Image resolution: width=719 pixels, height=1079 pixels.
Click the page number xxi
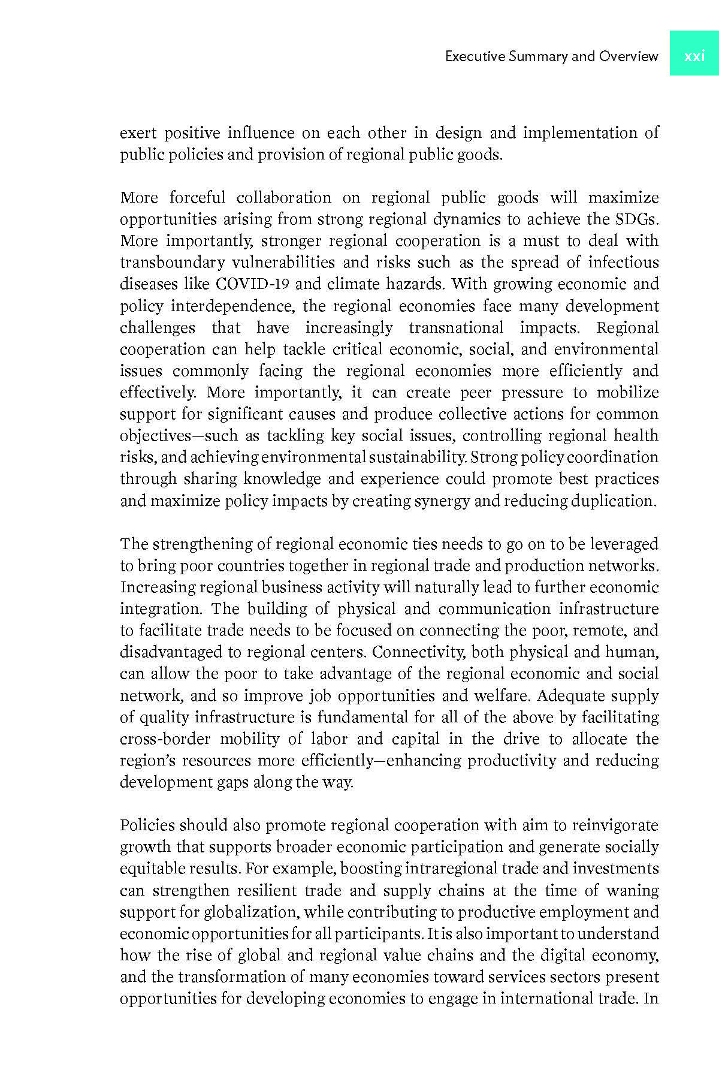tap(694, 56)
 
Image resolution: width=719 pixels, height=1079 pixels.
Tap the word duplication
tap(613, 501)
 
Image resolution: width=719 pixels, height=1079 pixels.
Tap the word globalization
tap(250, 912)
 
